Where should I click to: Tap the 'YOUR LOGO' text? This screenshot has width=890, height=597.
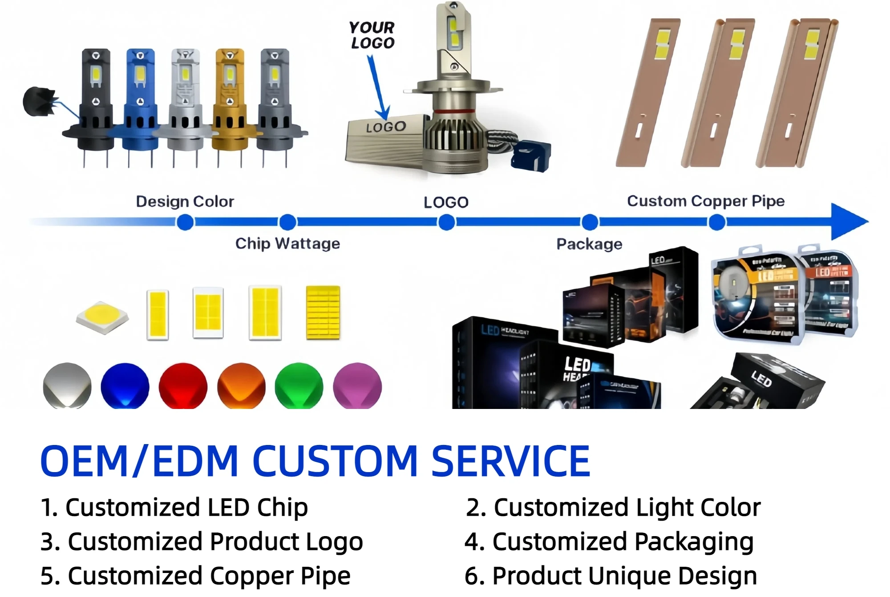372,35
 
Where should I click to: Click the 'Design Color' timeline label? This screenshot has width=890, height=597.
185,201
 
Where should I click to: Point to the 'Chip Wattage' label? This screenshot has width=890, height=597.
287,244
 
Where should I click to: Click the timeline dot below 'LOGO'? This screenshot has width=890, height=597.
446,222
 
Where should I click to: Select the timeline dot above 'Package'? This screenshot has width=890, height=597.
590,222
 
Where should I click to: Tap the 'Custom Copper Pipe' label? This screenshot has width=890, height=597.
705,201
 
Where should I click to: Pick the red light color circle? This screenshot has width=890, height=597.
183,386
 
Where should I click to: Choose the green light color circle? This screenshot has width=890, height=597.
299,386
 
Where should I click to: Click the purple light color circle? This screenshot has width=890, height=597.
357,386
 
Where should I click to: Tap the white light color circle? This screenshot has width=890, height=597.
67,386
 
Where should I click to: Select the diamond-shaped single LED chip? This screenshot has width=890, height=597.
102,317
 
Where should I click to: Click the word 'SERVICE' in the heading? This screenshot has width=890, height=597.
510,461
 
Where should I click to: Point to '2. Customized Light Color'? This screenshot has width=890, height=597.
613,507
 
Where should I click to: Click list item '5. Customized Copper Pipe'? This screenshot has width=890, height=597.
195,576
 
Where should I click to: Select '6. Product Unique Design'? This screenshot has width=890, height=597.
611,576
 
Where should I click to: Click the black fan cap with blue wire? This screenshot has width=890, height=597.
39,101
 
